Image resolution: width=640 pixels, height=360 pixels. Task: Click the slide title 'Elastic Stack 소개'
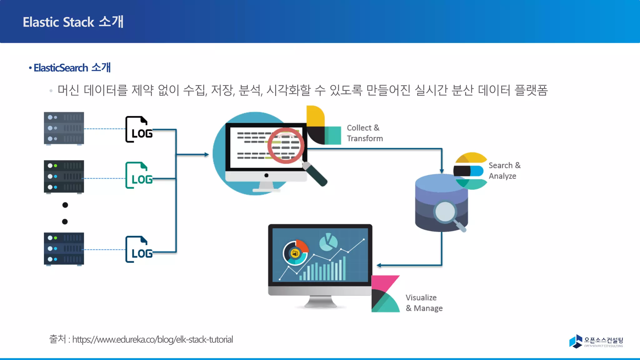coord(73,22)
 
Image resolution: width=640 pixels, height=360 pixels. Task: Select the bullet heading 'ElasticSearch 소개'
coord(72,67)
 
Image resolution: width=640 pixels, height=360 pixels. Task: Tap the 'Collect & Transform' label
coord(364,133)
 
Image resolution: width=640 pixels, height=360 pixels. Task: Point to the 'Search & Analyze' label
coord(504,171)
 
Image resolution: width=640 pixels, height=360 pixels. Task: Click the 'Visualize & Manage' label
coord(424,303)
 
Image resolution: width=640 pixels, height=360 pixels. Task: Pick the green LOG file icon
coord(138,175)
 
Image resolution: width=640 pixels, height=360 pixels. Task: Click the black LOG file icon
coord(138,129)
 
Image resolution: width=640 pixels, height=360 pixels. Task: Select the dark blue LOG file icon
coord(138,249)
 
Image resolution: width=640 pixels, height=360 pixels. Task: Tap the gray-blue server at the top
coord(64,128)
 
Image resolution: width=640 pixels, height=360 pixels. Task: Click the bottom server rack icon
coord(64,249)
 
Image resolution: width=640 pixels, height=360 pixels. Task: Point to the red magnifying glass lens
coord(286,146)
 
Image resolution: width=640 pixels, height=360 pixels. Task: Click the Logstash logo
coord(323,126)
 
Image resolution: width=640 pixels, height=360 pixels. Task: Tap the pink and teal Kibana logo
coord(385,294)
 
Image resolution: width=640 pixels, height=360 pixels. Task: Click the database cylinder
coord(441,203)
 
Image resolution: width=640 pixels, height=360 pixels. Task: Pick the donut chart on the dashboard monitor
coord(295,253)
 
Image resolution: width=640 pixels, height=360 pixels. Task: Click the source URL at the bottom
coord(152,339)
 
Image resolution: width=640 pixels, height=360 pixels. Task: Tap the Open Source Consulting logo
coord(596,341)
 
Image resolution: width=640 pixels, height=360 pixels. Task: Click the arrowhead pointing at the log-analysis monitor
coord(206,154)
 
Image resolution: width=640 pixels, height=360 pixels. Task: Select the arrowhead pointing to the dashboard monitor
coord(379,265)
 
